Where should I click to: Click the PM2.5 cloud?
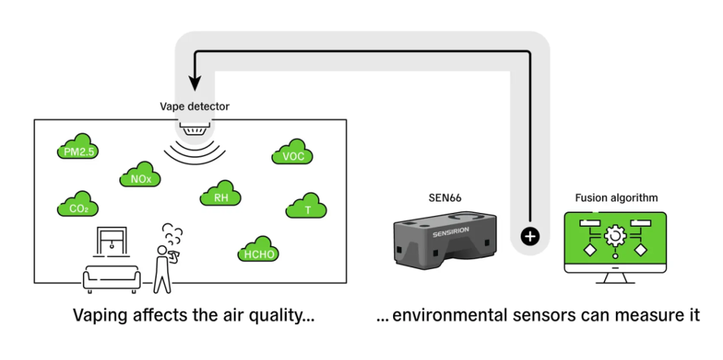tap(78, 147)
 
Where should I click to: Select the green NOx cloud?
tap(141, 175)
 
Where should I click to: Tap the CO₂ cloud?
tap(78, 204)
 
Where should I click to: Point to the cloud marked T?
tap(306, 206)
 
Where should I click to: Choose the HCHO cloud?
tap(258, 249)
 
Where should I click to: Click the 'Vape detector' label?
tap(195, 106)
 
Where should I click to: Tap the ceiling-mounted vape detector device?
tap(195, 128)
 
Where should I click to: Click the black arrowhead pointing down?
tap(195, 83)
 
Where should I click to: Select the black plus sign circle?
tap(530, 236)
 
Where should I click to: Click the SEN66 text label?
tap(445, 198)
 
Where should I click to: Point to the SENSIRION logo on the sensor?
tap(451, 231)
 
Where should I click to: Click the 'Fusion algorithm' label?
tap(617, 198)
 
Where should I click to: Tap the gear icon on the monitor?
tap(615, 236)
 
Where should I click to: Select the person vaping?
tap(166, 258)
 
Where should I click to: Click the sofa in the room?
tap(111, 278)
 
